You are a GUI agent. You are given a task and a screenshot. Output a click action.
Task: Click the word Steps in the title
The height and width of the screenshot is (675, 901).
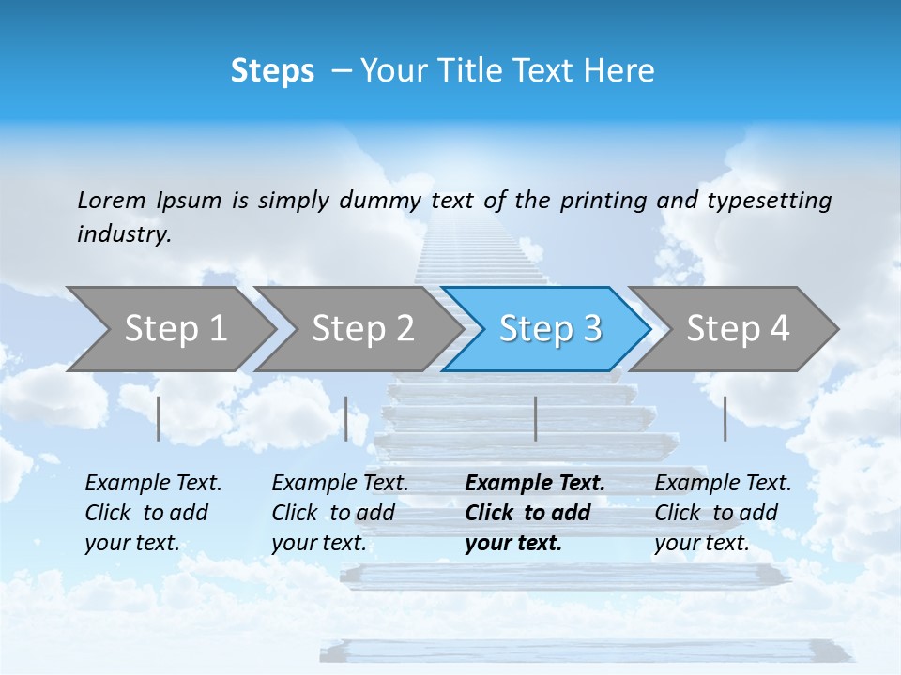(x=272, y=70)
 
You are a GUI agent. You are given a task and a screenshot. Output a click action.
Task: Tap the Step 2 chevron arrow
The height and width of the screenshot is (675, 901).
(x=362, y=328)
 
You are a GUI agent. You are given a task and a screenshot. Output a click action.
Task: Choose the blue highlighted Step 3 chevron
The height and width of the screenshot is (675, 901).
(x=550, y=328)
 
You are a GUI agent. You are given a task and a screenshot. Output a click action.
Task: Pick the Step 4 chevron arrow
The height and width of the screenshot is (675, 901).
(x=738, y=328)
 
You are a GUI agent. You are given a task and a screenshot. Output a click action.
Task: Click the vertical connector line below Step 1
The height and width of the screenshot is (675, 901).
(x=159, y=418)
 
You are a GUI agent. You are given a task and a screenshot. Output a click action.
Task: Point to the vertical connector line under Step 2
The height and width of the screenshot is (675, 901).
(x=346, y=418)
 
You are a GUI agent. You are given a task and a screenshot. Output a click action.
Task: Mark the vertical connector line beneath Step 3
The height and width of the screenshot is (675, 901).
(x=535, y=418)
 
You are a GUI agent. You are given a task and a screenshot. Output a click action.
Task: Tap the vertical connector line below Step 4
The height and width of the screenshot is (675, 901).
(x=725, y=418)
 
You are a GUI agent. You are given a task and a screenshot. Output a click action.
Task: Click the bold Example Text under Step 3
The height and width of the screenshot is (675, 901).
(x=535, y=513)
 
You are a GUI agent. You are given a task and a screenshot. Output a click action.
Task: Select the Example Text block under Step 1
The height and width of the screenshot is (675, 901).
(x=153, y=513)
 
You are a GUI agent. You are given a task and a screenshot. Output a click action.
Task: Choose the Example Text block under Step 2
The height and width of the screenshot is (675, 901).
(x=340, y=513)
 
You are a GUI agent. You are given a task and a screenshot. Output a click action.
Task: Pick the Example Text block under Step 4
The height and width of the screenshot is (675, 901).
(x=723, y=513)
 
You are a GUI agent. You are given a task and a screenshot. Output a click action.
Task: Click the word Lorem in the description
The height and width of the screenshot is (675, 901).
(x=112, y=200)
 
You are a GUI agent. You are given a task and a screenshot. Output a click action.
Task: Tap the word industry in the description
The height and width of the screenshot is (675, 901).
(x=124, y=233)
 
